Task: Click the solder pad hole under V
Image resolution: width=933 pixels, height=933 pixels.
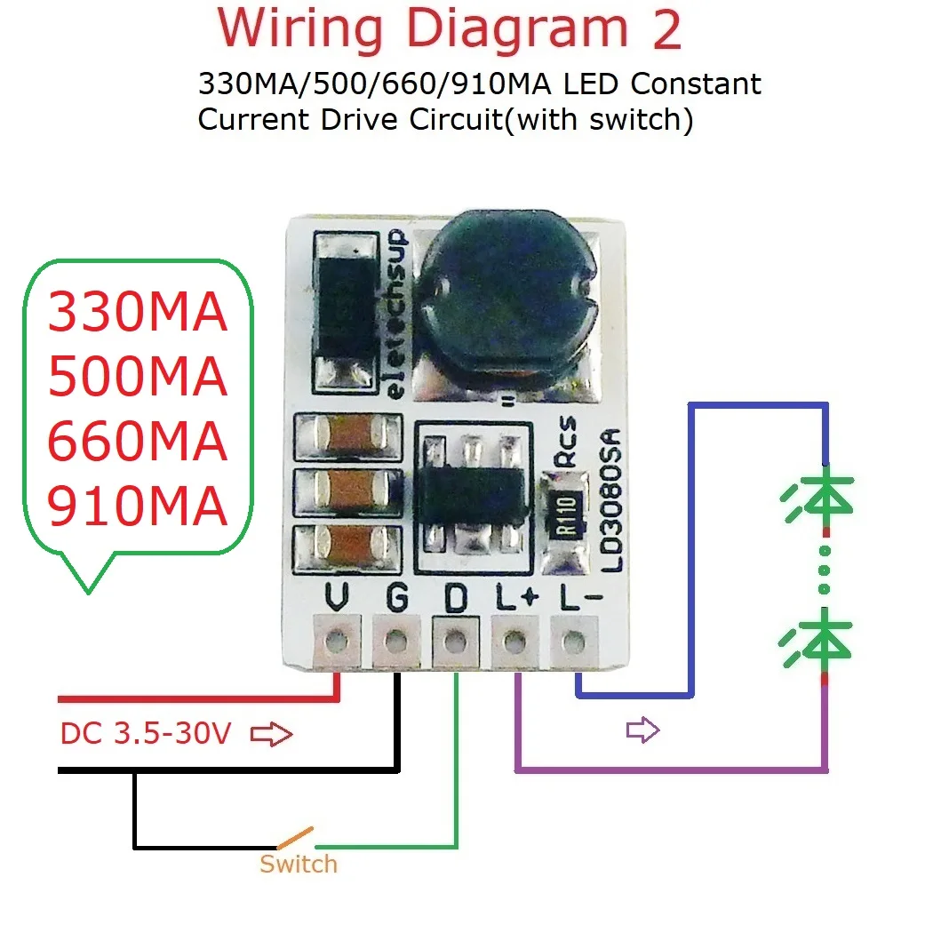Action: point(336,640)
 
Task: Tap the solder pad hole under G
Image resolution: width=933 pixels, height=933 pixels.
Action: point(395,640)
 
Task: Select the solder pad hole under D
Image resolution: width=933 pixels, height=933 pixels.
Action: point(455,640)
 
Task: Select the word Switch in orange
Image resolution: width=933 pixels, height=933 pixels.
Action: point(298,864)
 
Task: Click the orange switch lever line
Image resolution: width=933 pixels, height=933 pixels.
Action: point(294,837)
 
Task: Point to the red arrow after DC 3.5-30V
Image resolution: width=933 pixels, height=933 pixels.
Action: point(272,735)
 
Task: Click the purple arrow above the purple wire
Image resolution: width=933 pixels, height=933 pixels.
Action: point(642,730)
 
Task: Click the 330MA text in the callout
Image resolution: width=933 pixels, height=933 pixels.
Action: point(138,313)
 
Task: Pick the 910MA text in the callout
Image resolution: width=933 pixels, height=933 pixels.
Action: point(138,508)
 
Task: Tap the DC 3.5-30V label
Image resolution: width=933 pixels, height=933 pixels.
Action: point(146,735)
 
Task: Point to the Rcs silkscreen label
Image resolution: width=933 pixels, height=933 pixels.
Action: point(566,442)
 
